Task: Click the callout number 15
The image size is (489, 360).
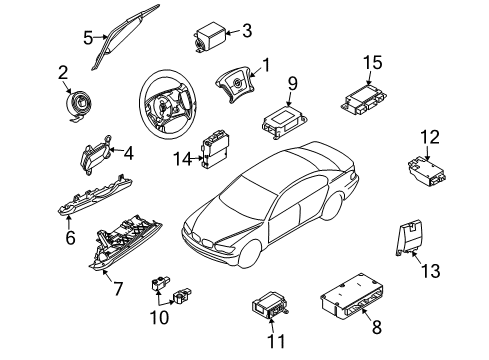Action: click(x=373, y=63)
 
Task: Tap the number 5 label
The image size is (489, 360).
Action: click(x=88, y=38)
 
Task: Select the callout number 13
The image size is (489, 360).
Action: click(x=431, y=270)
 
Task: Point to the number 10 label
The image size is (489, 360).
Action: click(x=159, y=317)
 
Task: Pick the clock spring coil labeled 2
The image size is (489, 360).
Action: click(x=80, y=104)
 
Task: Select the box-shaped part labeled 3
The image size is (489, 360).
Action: click(x=210, y=37)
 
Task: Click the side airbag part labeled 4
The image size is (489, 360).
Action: click(x=96, y=155)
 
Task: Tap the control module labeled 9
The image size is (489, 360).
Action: click(x=284, y=121)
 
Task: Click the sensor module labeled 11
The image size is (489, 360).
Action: click(x=269, y=304)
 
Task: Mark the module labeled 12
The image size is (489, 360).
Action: click(x=427, y=171)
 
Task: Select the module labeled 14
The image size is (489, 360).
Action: click(x=216, y=149)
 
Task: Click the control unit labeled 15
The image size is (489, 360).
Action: click(x=364, y=99)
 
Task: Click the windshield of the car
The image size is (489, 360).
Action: click(x=243, y=199)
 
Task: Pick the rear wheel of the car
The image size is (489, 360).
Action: click(x=332, y=206)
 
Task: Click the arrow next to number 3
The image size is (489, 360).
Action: click(x=233, y=32)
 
